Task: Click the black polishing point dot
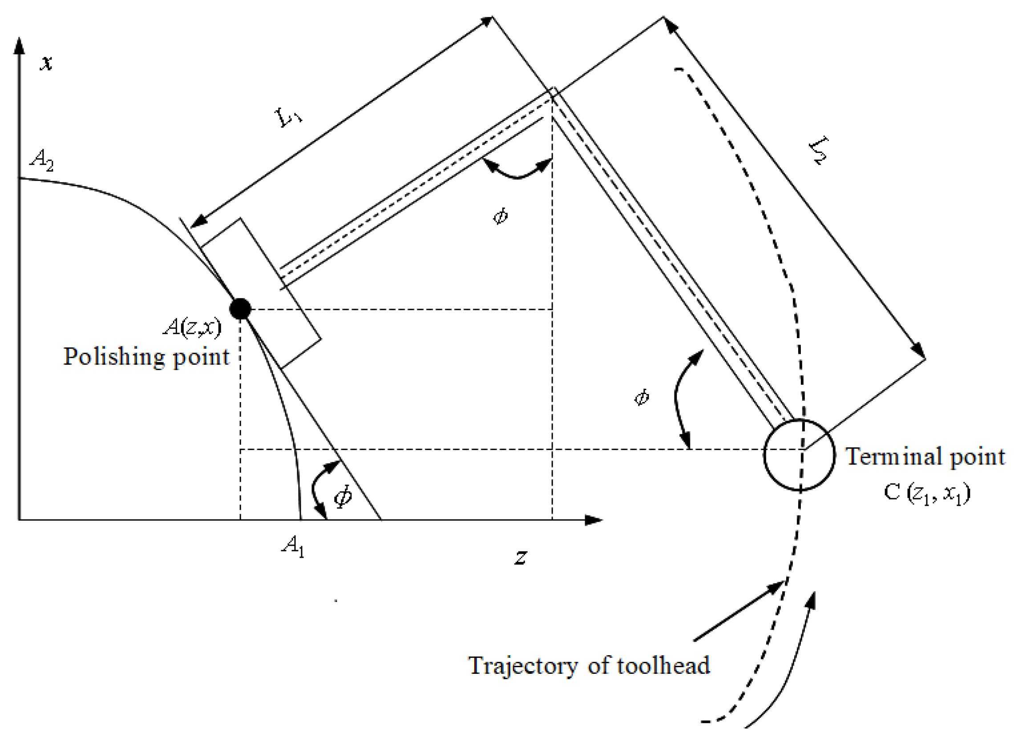tap(240, 309)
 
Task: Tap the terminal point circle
tap(799, 455)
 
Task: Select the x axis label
tap(46, 63)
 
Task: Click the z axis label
tap(521, 557)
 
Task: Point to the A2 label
tap(41, 161)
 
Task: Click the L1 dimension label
tap(289, 118)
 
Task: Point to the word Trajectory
tap(523, 666)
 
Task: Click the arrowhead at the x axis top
tap(19, 45)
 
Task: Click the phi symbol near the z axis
tap(343, 496)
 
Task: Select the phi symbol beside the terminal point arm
tap(642, 397)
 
